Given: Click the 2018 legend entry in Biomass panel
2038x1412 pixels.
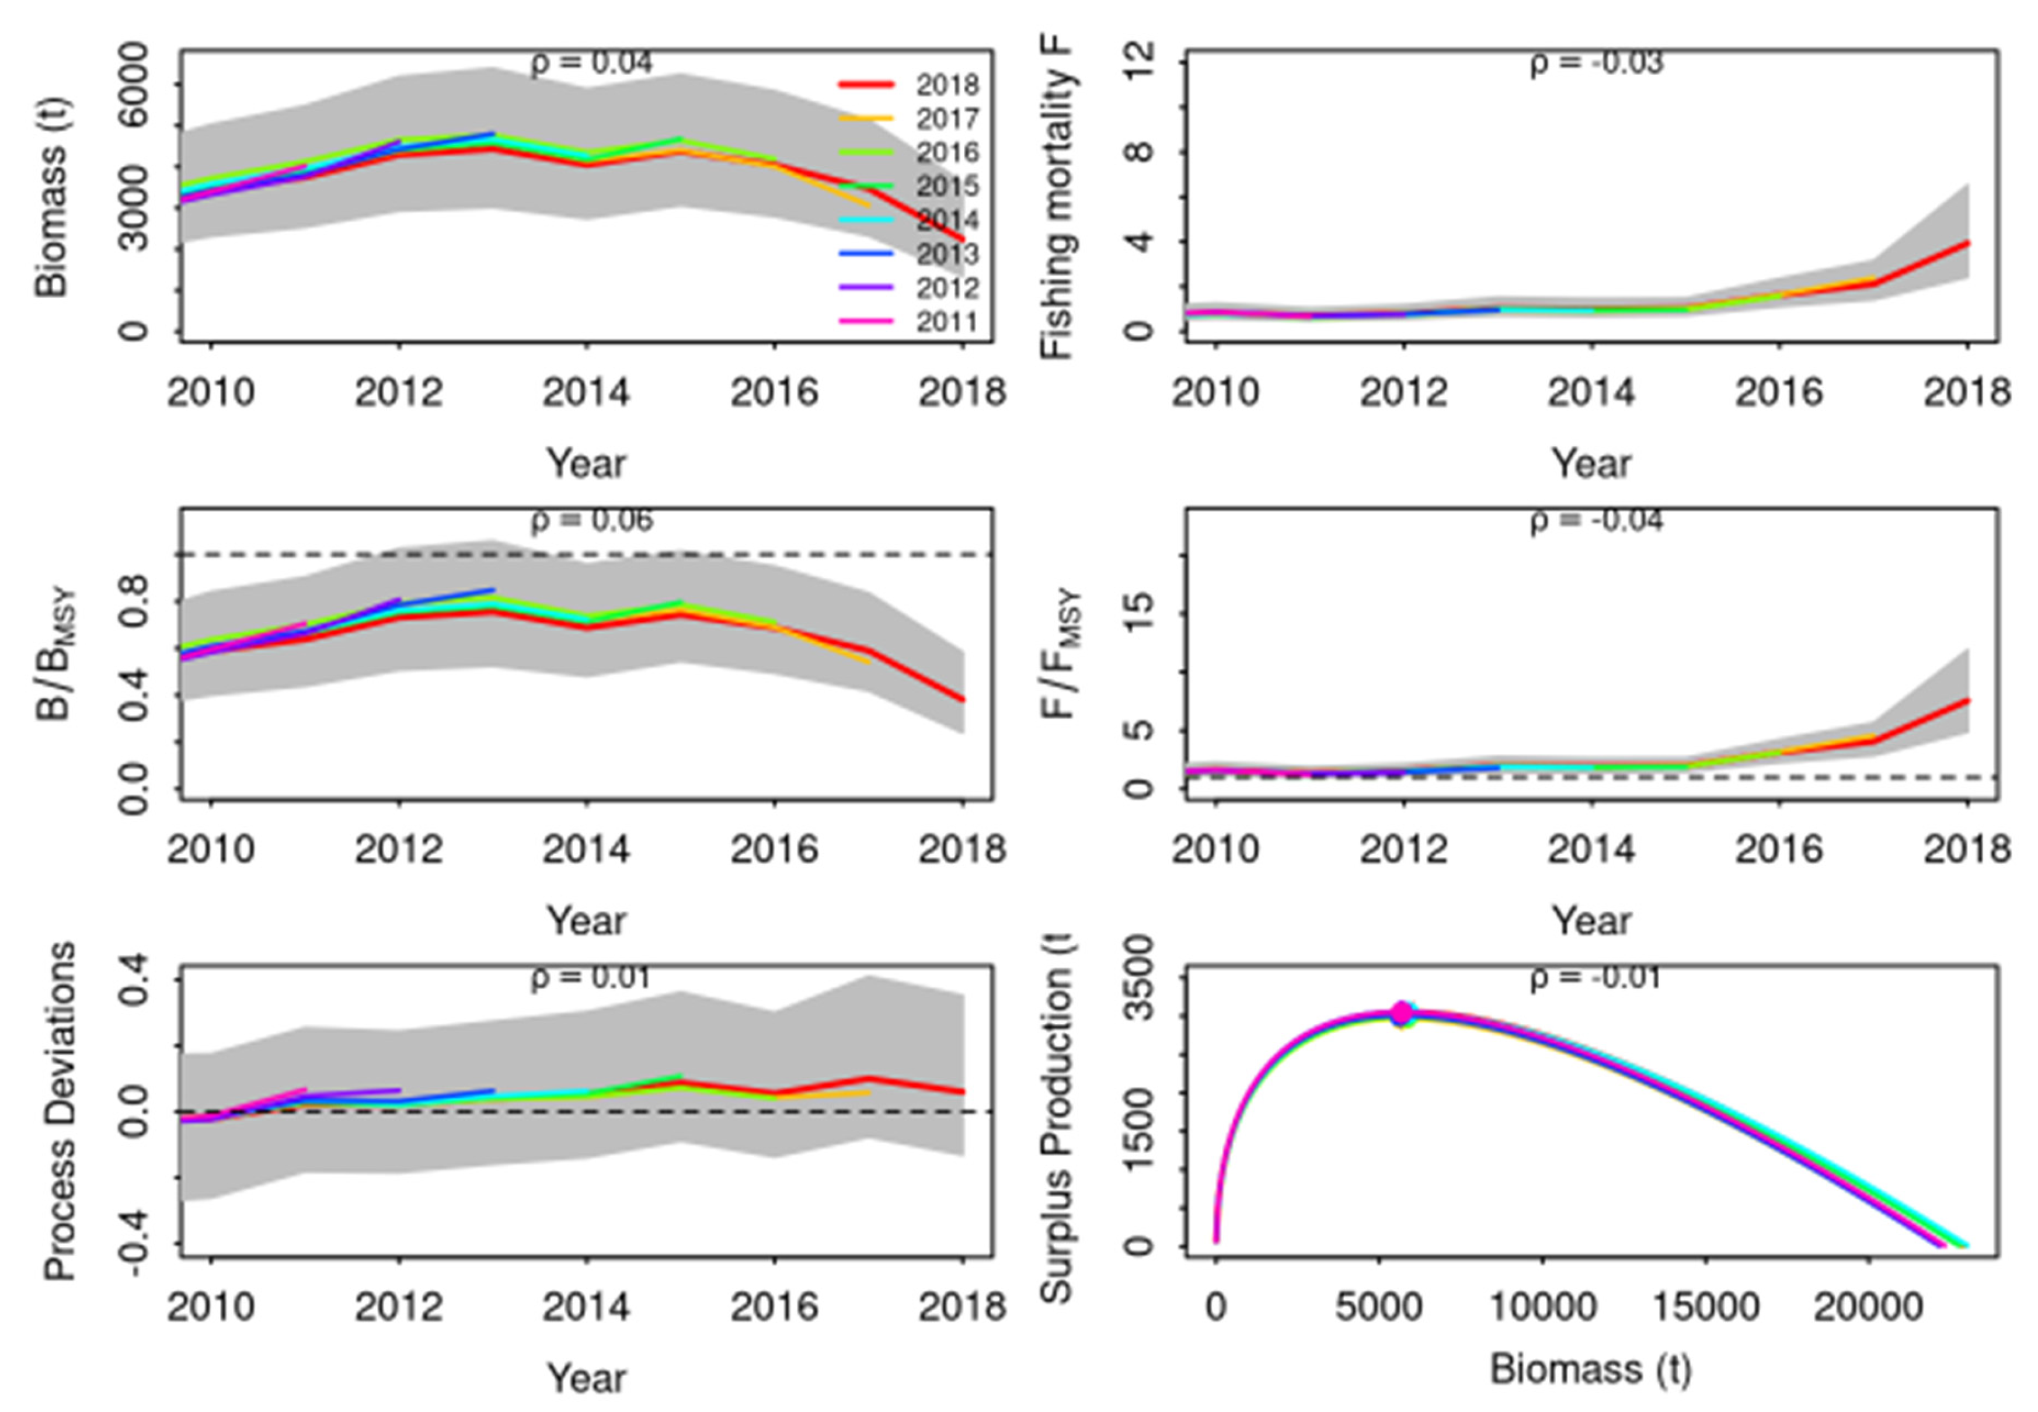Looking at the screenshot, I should pos(946,85).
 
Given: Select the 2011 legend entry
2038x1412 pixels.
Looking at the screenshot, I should pos(946,321).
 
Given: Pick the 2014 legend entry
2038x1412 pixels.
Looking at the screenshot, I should pos(946,220).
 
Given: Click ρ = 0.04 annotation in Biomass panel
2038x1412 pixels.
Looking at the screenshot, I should pos(591,64).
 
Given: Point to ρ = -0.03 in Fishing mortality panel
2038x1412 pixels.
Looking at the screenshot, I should pos(1595,64).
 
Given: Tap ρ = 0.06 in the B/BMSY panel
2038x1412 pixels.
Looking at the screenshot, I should pos(591,520).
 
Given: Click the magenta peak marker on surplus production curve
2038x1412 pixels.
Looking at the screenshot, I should pos(1401,1014).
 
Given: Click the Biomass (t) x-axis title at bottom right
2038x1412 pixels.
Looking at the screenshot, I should pos(1590,1369).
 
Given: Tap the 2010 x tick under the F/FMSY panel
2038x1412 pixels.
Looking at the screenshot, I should pos(1215,849).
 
